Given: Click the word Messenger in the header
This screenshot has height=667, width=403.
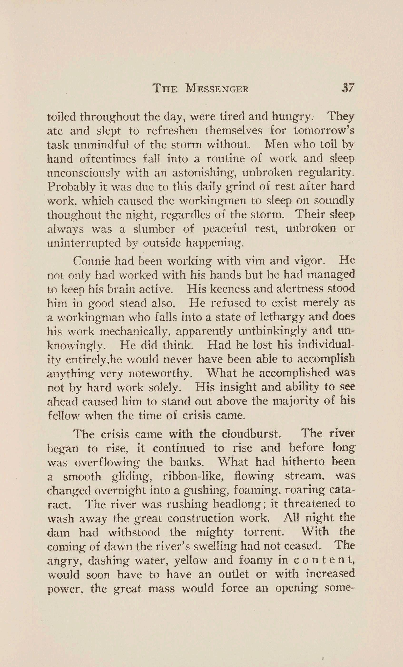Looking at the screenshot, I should [x=217, y=88].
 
